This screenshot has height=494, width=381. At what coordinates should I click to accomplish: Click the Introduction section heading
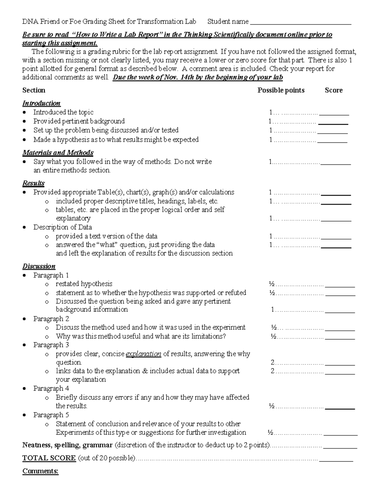pyautogui.click(x=41, y=103)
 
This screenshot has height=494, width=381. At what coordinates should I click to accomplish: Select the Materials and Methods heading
pyautogui.click(x=58, y=153)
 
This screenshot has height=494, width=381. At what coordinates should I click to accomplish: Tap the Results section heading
pyautogui.click(x=33, y=183)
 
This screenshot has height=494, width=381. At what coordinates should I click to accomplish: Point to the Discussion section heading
pyautogui.click(x=39, y=266)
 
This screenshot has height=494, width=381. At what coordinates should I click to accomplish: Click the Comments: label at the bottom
pyautogui.click(x=40, y=471)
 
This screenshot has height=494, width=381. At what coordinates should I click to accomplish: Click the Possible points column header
pyautogui.click(x=281, y=90)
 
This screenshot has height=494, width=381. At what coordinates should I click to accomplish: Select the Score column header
pyautogui.click(x=333, y=90)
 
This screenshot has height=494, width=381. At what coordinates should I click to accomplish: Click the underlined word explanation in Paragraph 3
pyautogui.click(x=144, y=354)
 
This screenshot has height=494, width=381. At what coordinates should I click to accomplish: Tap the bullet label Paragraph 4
pyautogui.click(x=51, y=388)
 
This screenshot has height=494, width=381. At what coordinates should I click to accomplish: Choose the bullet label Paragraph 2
pyautogui.click(x=51, y=319)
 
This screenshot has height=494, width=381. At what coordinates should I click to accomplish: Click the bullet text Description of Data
pyautogui.click(x=63, y=227)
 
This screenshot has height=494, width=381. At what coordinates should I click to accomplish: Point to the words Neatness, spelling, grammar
pyautogui.click(x=67, y=445)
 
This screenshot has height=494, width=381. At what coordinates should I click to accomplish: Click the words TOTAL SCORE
pyautogui.click(x=49, y=458)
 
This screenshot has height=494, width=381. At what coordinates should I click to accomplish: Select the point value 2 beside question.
pyautogui.click(x=272, y=362)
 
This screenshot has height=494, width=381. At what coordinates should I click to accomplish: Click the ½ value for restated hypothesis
pyautogui.click(x=272, y=284)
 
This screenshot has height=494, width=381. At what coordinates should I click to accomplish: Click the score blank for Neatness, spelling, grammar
pyautogui.click(x=340, y=446)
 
